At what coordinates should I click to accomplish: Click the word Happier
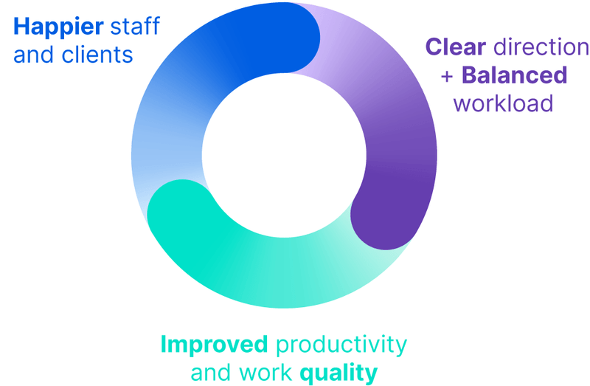[x=58, y=27]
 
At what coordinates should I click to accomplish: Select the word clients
[x=97, y=55]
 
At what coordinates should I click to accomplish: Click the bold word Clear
[x=455, y=47]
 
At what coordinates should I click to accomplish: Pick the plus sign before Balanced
[x=446, y=76]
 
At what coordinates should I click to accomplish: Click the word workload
[x=503, y=103]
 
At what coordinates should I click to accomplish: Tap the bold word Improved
[x=214, y=345]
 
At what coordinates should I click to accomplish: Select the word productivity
[x=340, y=345]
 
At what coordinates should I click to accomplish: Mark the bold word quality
[x=339, y=372]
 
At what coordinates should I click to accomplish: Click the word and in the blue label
[x=31, y=55]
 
